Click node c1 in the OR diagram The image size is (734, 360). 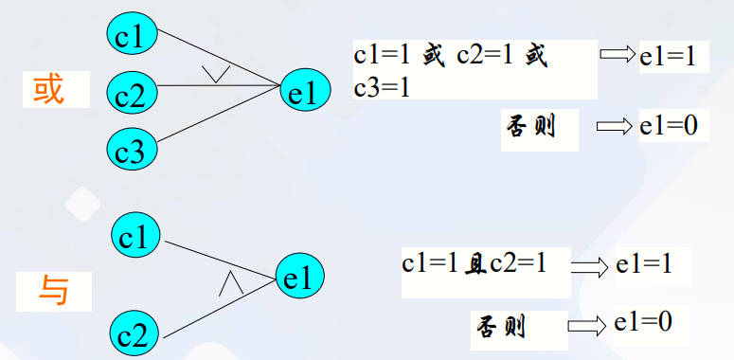[130, 35]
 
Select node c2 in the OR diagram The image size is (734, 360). [130, 93]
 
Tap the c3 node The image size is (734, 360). [130, 149]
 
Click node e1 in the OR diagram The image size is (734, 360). [306, 91]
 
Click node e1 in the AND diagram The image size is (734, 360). [299, 278]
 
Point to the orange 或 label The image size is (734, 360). [49, 90]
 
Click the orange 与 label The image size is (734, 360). [55, 290]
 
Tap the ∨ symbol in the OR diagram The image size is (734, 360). [216, 73]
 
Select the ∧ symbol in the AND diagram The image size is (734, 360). [230, 282]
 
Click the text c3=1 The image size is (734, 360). [382, 88]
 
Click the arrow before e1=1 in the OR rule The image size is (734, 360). [618, 56]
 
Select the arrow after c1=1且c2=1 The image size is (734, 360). [588, 268]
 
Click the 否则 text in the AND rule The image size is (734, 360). [498, 328]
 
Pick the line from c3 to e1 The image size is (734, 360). [218, 118]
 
